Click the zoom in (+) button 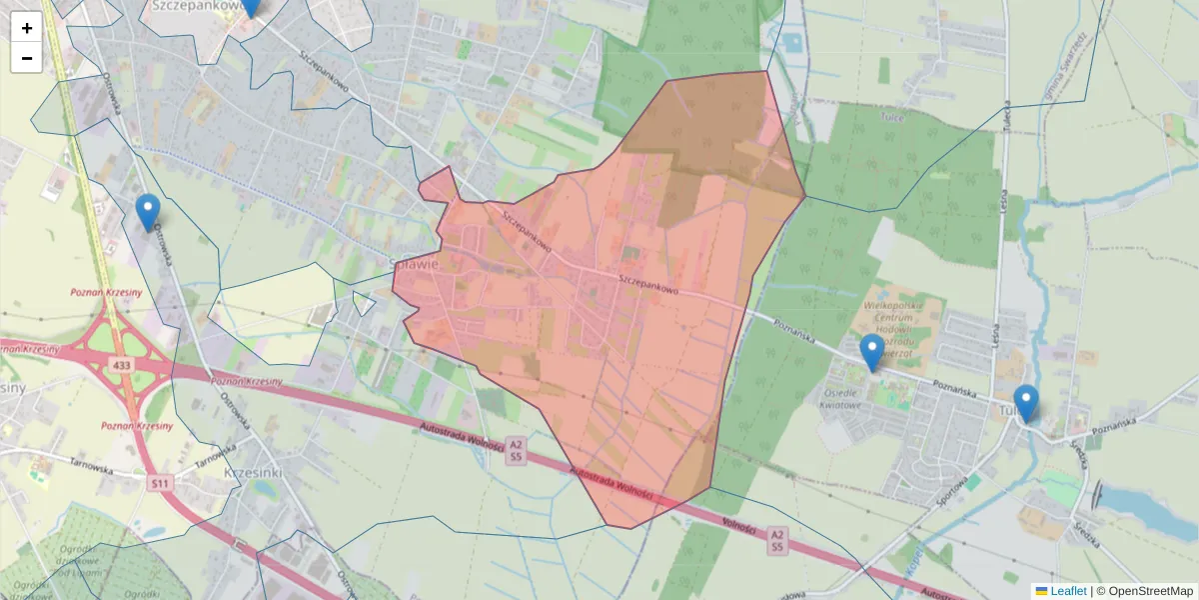[26, 27]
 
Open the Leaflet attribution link [1068, 591]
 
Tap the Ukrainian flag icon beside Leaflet [1041, 591]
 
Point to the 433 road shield [122, 366]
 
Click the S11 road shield [160, 483]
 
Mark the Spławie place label [418, 264]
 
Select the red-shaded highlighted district [599, 320]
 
